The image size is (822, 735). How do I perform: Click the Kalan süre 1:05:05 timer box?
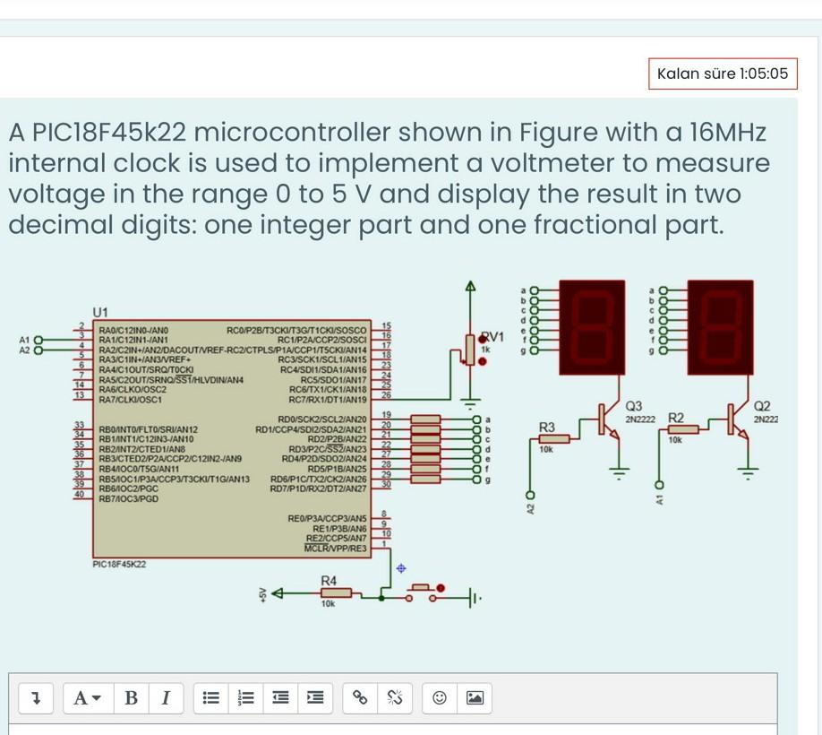722,73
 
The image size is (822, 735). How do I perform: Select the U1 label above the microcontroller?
99,312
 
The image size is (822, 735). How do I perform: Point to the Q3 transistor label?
633,407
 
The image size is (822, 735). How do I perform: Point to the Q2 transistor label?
763,407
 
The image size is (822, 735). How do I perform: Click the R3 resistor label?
547,426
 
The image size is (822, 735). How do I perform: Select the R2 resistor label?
676,419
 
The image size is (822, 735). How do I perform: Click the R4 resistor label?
329,581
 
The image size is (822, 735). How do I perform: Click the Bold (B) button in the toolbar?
131,697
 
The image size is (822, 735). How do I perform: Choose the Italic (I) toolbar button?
165,697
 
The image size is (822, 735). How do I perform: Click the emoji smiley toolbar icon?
440,697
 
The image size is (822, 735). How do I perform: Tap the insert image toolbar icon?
475,697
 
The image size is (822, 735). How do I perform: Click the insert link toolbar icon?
360,697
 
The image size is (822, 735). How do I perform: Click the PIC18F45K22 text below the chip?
119,564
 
